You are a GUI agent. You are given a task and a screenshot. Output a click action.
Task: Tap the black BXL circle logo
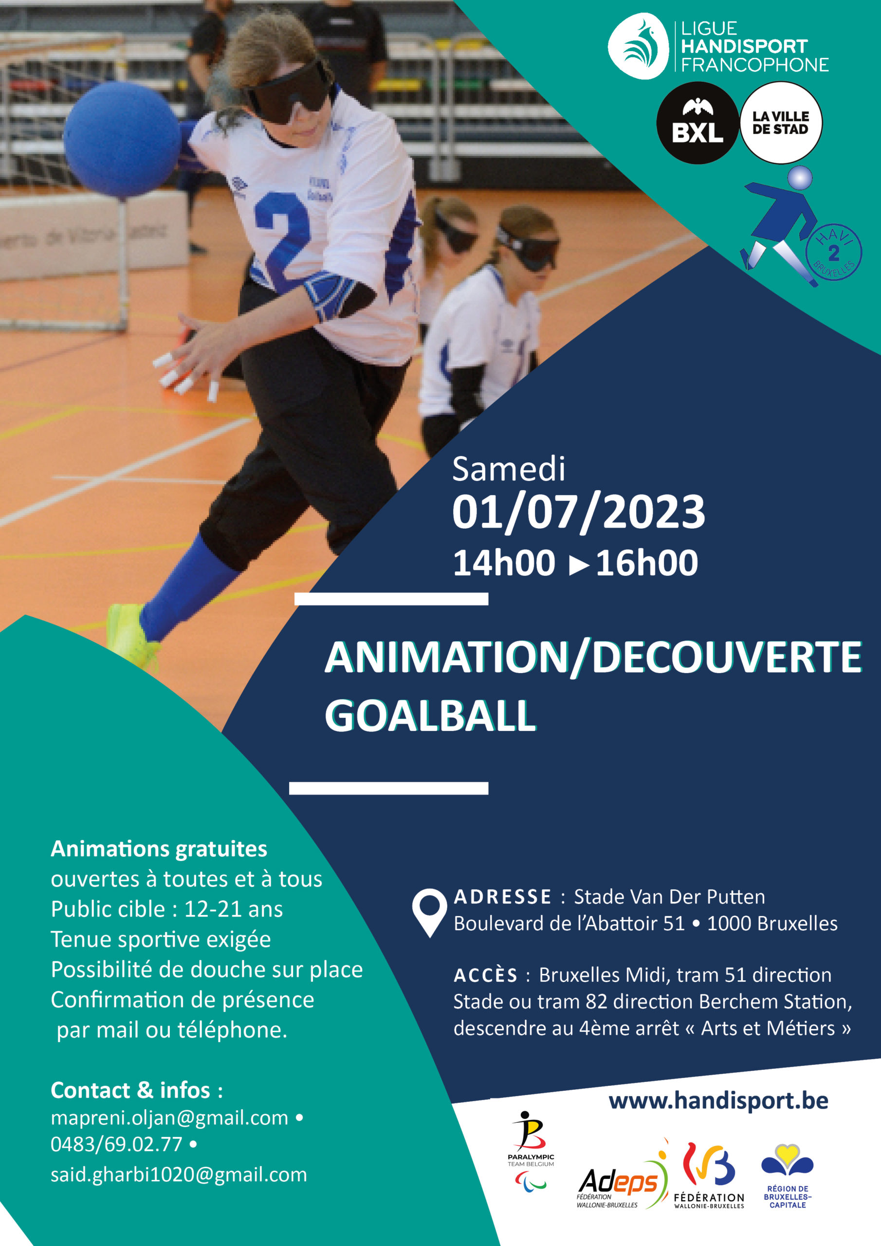click(x=697, y=123)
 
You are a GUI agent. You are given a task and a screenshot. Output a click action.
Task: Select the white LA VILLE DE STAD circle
click(x=781, y=123)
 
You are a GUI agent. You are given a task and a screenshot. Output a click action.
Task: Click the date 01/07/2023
click(x=579, y=512)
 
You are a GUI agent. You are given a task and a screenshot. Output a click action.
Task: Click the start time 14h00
click(x=504, y=563)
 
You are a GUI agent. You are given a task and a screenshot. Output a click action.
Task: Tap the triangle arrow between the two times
click(x=579, y=566)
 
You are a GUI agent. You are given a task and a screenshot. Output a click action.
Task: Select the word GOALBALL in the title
click(x=430, y=716)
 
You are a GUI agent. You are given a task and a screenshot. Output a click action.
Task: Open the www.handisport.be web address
click(x=718, y=1101)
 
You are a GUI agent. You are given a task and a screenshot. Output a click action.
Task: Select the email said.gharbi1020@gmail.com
click(x=179, y=1174)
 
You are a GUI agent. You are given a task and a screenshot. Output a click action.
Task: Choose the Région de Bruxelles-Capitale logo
click(x=788, y=1176)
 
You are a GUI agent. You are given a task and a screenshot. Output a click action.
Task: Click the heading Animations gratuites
click(x=159, y=849)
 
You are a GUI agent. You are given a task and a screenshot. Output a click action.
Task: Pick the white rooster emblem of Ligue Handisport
click(x=638, y=46)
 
